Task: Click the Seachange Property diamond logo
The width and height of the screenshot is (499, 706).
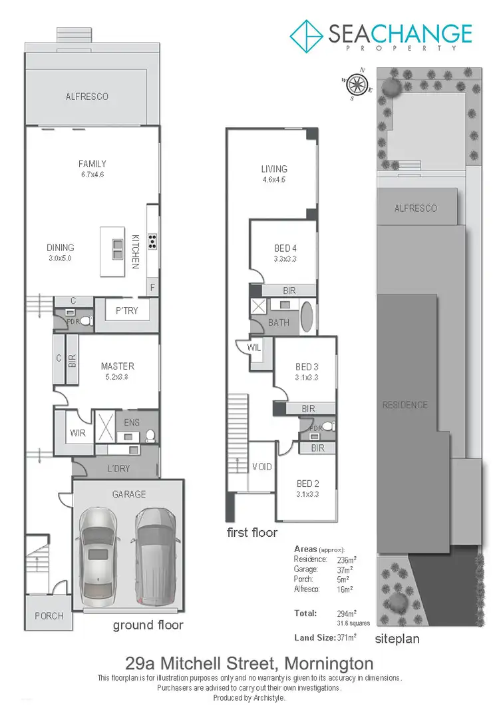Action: point(306,35)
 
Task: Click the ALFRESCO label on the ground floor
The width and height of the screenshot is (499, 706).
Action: point(86,97)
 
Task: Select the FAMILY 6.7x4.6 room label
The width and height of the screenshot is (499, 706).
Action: point(92,169)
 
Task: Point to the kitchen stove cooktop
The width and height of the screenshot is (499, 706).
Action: point(152,241)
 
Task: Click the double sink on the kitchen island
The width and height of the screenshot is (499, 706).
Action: point(117,248)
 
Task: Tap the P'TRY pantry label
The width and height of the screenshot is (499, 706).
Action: point(126,310)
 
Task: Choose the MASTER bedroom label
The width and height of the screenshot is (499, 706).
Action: point(117,370)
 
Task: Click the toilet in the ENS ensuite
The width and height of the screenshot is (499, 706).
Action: point(150,436)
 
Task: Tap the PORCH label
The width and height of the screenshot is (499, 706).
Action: point(49,616)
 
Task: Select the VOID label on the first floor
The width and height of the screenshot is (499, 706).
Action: point(263,467)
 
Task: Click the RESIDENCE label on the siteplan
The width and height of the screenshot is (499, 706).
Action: point(405,405)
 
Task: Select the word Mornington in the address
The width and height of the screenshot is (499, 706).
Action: point(329,664)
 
